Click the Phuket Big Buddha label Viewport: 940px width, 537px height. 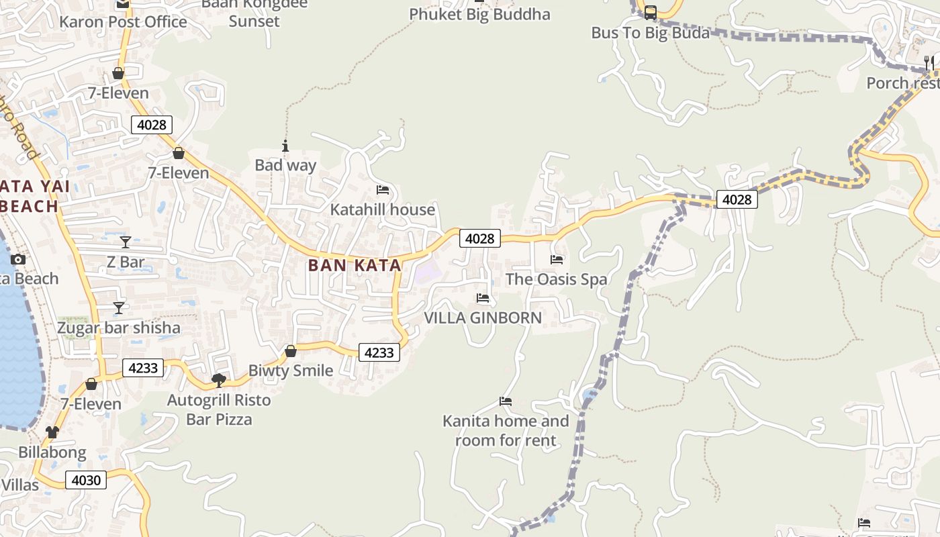479,14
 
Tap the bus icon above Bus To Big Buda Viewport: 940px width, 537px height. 650,12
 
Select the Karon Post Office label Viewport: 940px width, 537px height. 123,21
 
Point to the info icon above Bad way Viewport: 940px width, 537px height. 285,146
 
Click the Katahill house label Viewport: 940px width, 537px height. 383,209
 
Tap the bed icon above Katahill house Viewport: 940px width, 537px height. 383,190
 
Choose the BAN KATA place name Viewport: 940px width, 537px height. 355,265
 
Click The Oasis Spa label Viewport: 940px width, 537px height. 556,279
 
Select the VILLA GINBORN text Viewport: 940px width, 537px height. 483,318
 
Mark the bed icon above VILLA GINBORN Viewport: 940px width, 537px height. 483,298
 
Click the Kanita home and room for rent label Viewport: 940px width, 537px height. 506,431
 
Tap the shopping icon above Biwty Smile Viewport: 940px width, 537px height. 291,351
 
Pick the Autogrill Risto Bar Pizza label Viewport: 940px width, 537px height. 219,409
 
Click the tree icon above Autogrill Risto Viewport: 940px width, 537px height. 218,381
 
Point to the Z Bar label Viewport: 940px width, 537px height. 126,262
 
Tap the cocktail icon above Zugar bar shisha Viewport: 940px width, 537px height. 119,308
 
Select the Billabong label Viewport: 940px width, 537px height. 52,452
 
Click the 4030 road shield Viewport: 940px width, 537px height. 86,480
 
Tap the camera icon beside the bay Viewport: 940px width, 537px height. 18,260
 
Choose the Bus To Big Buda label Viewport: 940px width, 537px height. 650,32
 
